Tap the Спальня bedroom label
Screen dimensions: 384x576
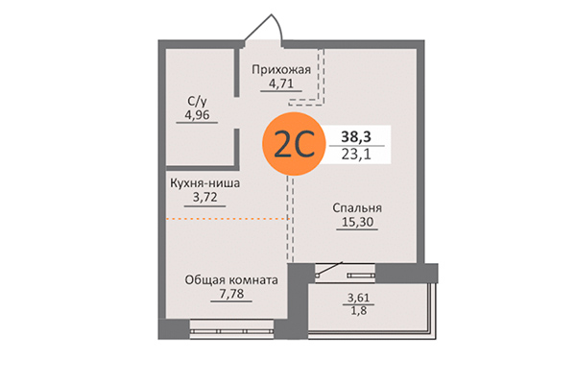(x=358, y=207)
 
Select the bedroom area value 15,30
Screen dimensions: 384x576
(x=356, y=224)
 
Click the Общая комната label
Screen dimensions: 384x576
(x=231, y=280)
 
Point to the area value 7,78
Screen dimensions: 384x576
(x=231, y=296)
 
